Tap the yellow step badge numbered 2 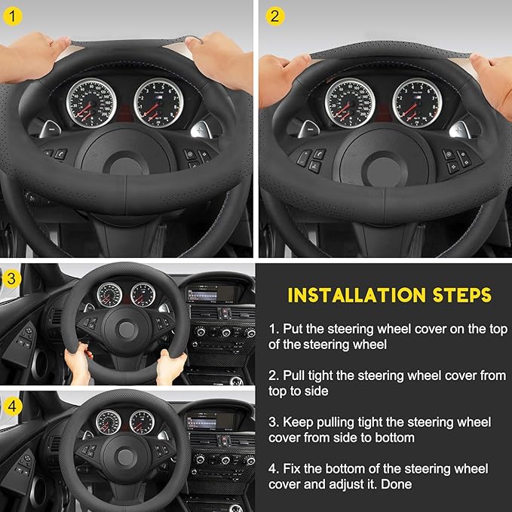click(x=274, y=15)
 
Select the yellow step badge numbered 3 click(x=11, y=277)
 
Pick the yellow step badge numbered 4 click(x=11, y=404)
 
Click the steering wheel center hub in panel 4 click(x=121, y=453)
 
